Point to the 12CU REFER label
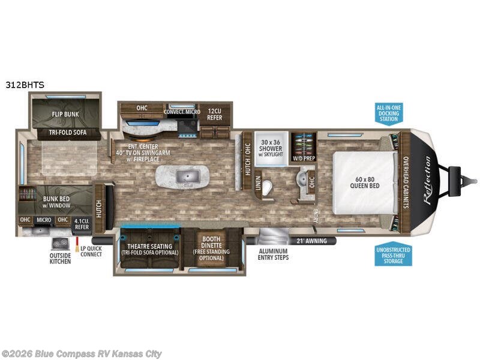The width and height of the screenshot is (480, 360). [x=215, y=114]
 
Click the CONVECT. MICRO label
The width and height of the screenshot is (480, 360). [x=182, y=111]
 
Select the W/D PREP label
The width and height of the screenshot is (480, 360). [x=303, y=158]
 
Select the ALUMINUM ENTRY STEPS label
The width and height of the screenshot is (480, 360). [x=273, y=254]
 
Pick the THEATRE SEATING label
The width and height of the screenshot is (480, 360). [x=146, y=249]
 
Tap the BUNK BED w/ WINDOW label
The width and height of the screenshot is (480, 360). [x=58, y=201]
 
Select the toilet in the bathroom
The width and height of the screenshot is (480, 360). [x=269, y=187]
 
